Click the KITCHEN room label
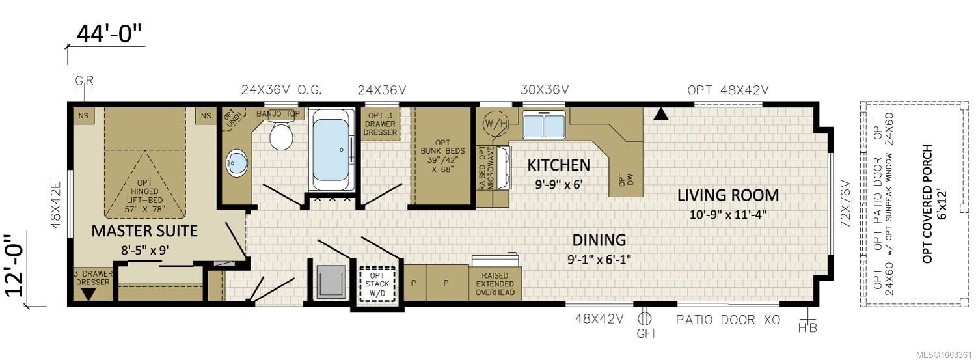coord(558,165)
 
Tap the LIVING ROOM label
coord(727,195)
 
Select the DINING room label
coord(599,240)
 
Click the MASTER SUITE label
coord(144,230)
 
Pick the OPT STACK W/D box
coord(377,283)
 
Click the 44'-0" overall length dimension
coord(109,35)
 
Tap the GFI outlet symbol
coord(645,320)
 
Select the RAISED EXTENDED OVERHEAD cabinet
coord(495,284)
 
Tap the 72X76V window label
coord(845,202)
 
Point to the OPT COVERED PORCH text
coord(927,203)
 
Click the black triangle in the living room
coord(661,115)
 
